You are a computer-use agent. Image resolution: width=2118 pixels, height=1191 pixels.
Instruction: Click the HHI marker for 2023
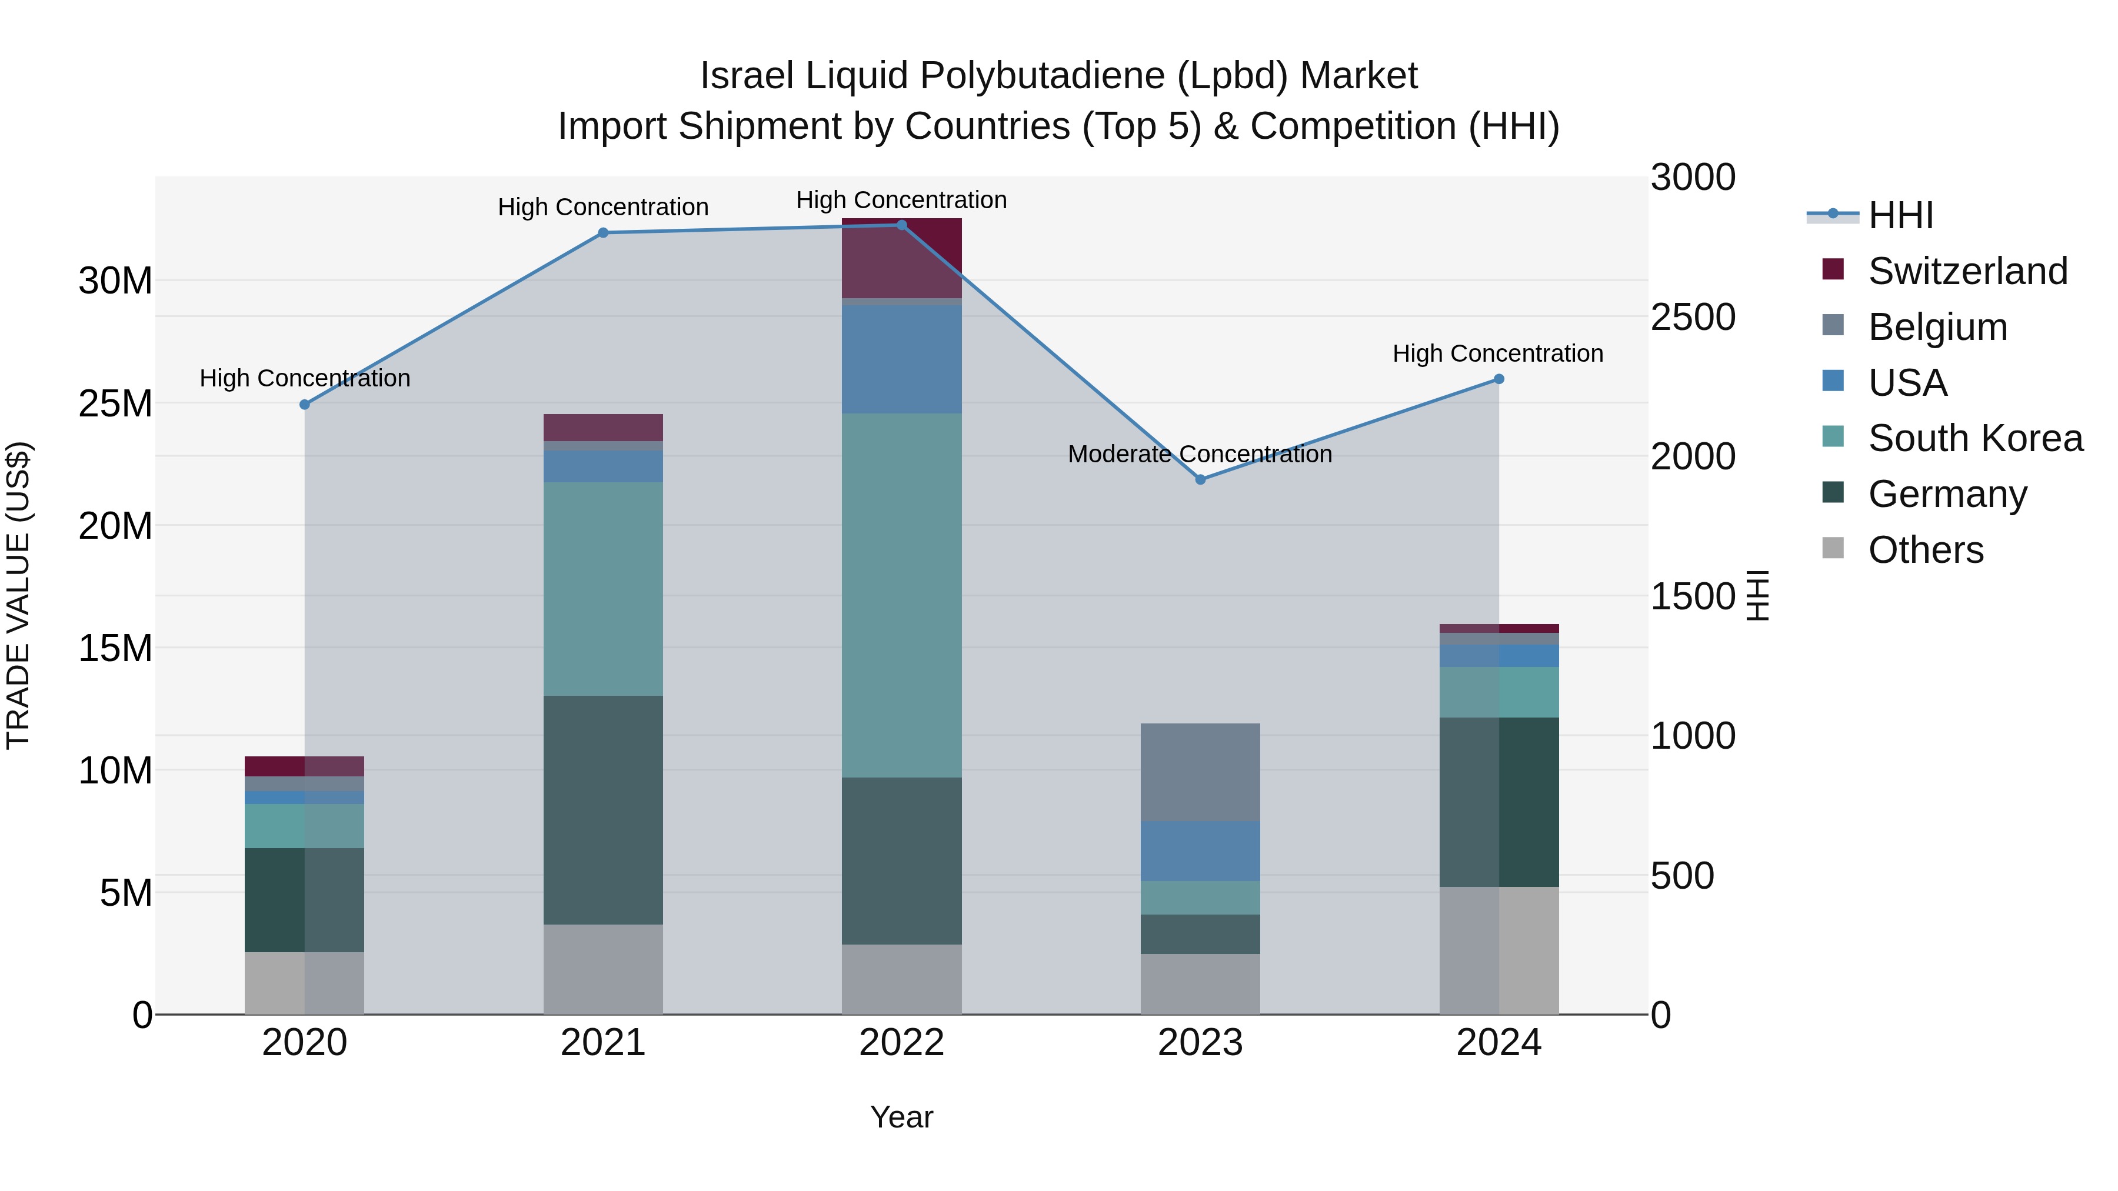coord(1200,479)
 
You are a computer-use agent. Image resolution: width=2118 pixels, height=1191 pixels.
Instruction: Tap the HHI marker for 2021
coord(602,232)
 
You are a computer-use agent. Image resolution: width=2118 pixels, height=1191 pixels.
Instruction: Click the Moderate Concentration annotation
coord(1200,453)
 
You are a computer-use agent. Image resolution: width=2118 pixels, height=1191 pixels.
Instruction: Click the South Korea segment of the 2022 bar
coord(901,595)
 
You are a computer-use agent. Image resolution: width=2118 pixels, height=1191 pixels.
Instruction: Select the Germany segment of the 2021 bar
coord(602,810)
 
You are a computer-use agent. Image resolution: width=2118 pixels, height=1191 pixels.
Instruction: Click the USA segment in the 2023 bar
coord(1200,850)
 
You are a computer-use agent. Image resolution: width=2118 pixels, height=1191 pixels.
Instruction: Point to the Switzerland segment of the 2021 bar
coord(602,428)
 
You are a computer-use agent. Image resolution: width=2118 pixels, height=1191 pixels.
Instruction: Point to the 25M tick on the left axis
coord(115,403)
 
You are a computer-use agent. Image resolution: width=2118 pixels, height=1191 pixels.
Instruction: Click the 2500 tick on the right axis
coord(1693,317)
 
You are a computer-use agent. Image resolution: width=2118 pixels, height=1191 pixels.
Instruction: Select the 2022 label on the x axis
coord(901,1043)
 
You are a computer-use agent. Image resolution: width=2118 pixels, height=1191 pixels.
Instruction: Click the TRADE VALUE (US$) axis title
coord(18,595)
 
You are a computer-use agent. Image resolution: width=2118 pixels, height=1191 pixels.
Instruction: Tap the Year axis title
coord(901,1117)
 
